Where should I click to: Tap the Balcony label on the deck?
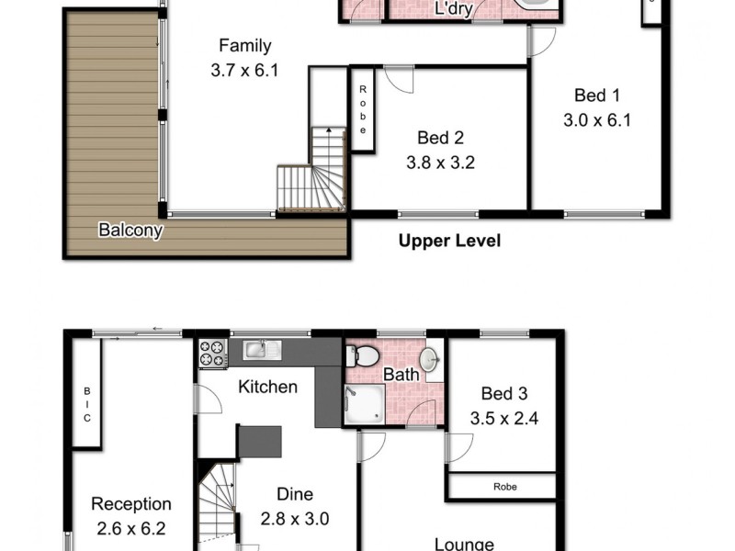point(130,230)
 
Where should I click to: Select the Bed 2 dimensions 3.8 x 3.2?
point(440,164)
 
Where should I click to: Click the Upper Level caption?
point(448,242)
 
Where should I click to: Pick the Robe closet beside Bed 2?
point(363,109)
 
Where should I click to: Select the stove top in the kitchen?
point(212,354)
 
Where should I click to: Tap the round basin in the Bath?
point(429,357)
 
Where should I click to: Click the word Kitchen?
point(267,387)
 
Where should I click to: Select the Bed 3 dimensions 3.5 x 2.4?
point(504,418)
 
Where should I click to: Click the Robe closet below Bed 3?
point(502,486)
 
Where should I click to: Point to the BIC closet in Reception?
point(87,405)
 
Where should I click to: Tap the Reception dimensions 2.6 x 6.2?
point(131,528)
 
